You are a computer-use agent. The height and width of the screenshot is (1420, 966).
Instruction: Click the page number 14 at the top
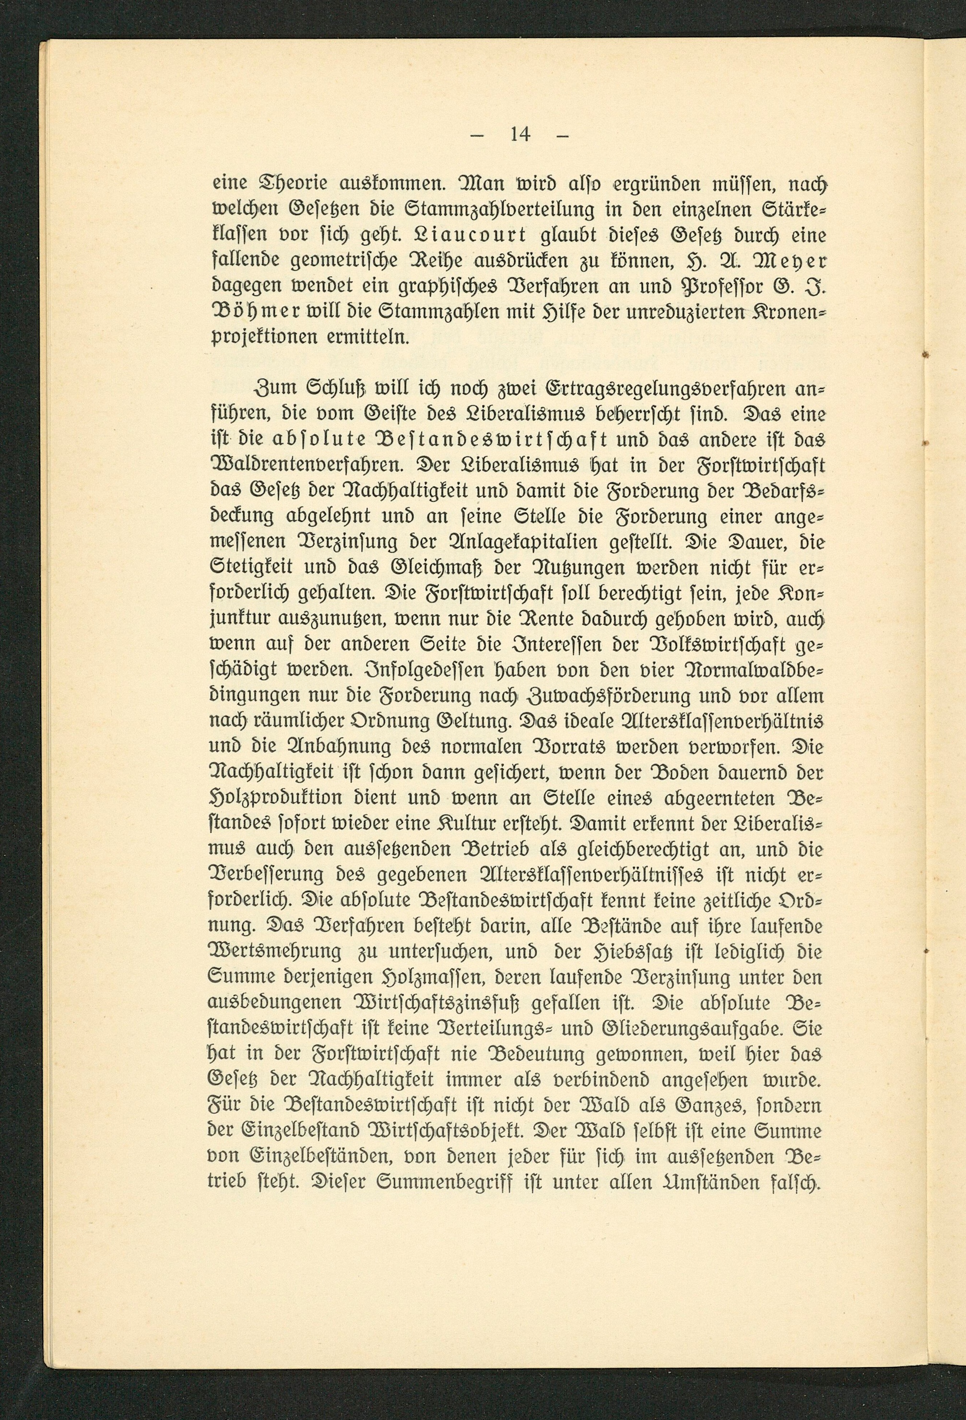click(520, 134)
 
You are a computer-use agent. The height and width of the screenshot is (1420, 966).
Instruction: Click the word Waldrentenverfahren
click(305, 466)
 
